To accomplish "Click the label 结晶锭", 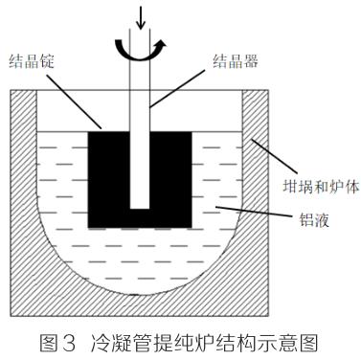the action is pos(32,60).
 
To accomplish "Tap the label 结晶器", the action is pos(236,60).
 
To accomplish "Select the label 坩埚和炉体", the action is pos(322,187).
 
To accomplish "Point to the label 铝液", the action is pos(314,219).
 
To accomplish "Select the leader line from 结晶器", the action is pos(177,88).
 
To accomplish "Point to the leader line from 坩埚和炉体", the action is pos(275,156).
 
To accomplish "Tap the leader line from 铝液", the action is pos(254,212).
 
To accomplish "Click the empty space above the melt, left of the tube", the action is pos(83,111).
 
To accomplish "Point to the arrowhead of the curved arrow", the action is pos(162,44).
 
